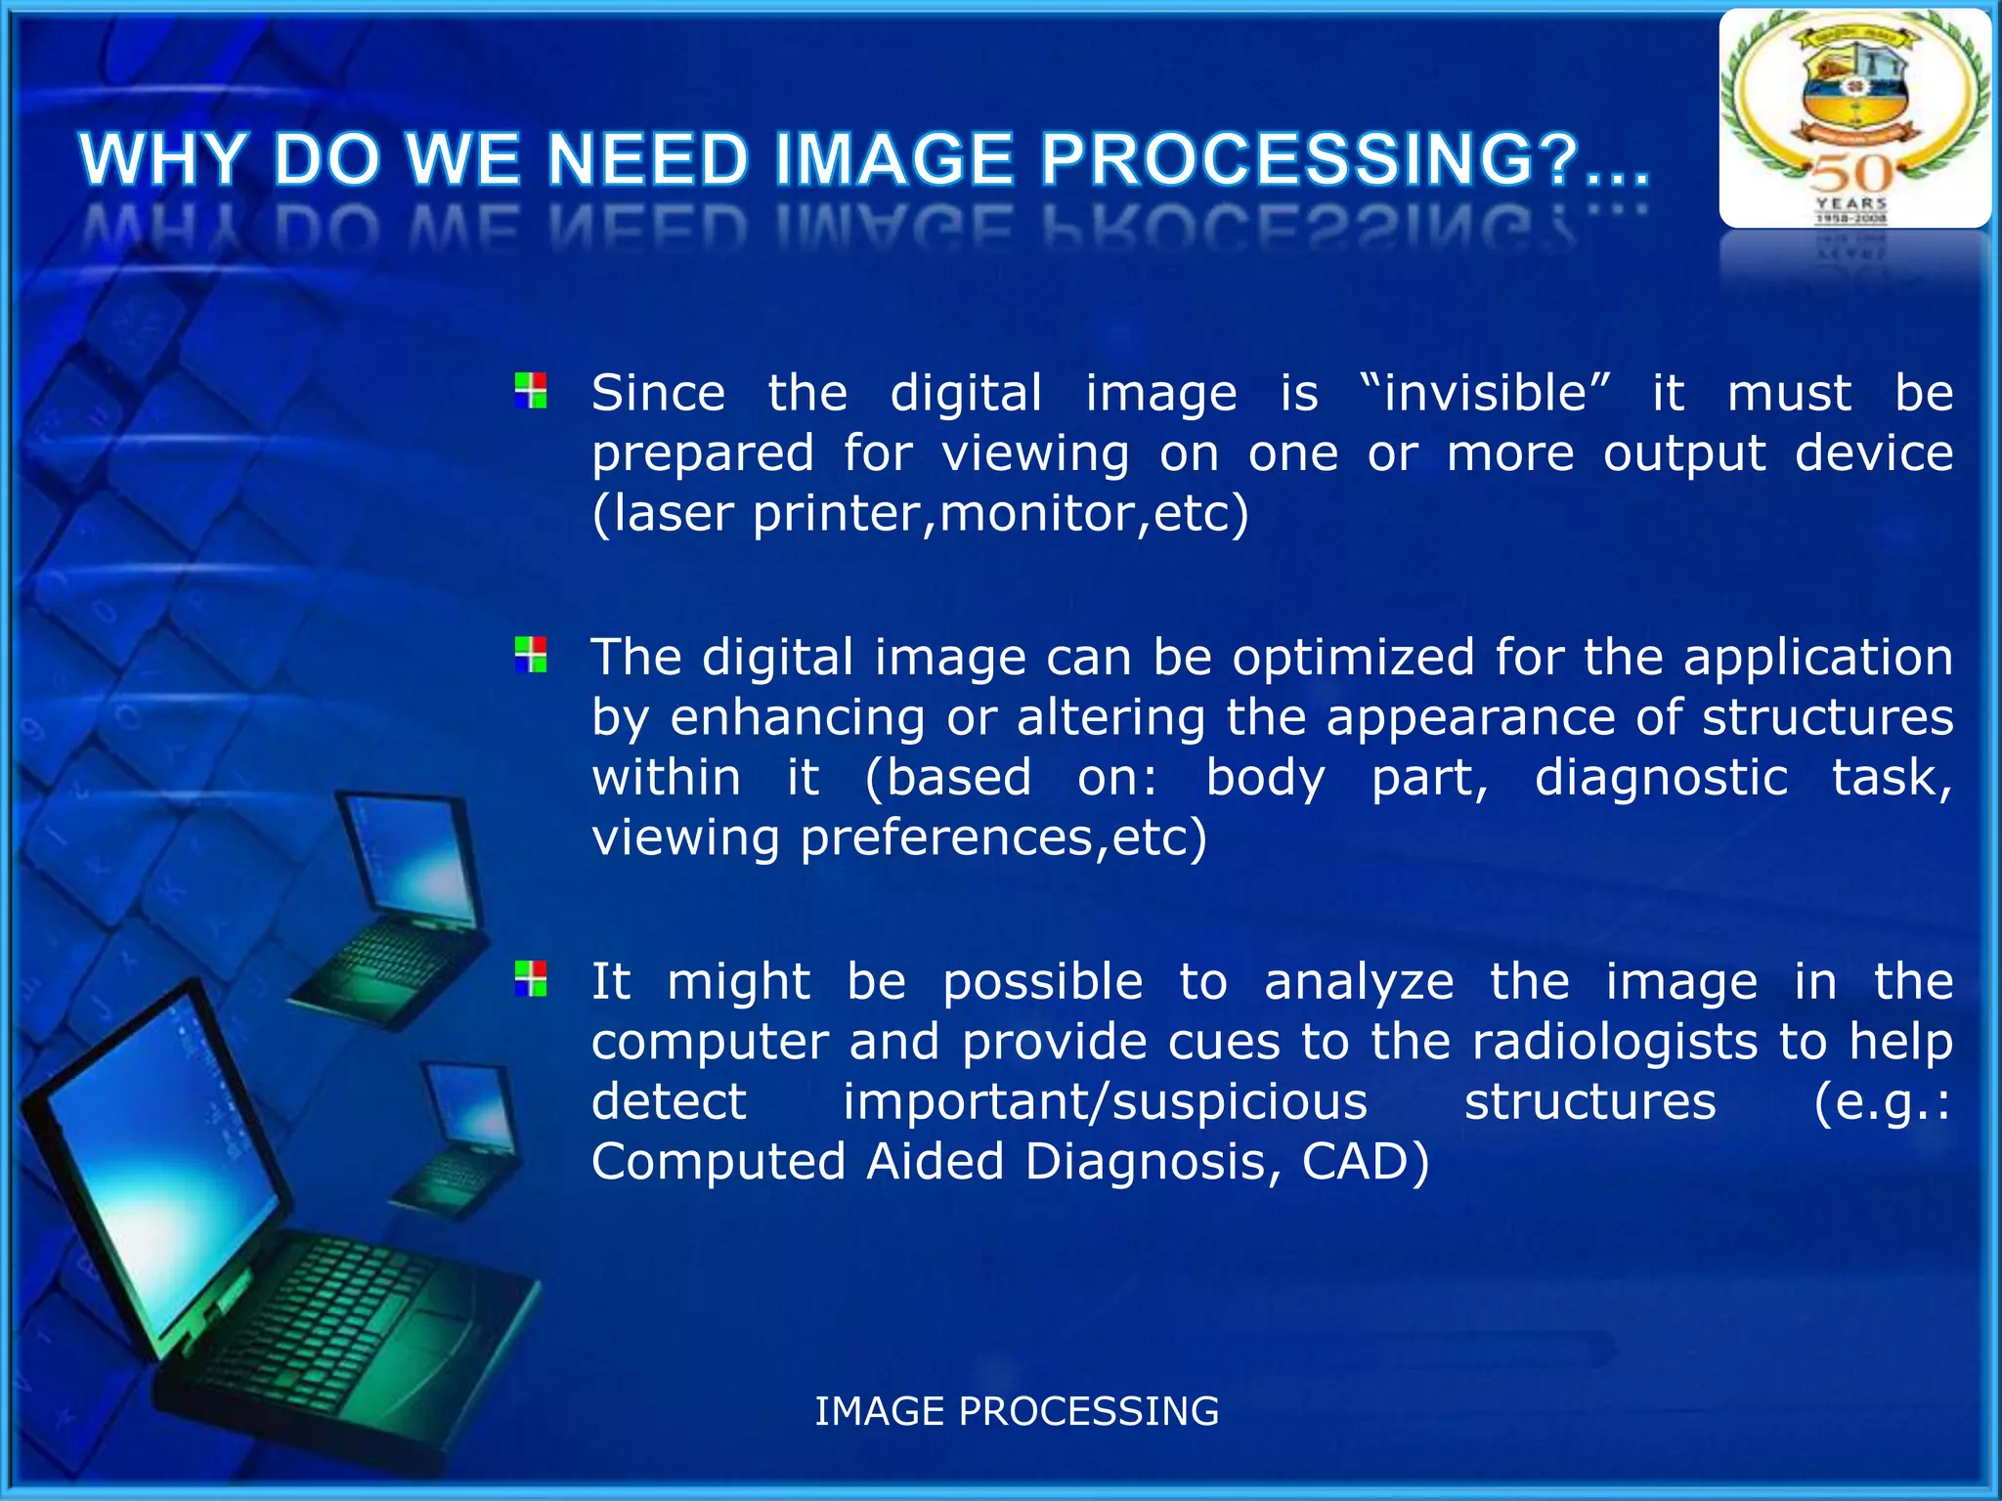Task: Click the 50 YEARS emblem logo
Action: [x=1854, y=118]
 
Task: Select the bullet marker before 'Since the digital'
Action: [x=531, y=391]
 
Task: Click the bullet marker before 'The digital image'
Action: [x=531, y=655]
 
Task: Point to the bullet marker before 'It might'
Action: [x=531, y=978]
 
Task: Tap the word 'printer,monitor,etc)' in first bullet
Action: [x=1001, y=513]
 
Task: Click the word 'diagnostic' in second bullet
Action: [x=1661, y=778]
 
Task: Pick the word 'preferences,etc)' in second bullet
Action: [x=1004, y=837]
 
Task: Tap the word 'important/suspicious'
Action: [x=1105, y=1102]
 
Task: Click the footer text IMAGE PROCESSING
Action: [x=1017, y=1411]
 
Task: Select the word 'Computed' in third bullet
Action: [x=718, y=1162]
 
